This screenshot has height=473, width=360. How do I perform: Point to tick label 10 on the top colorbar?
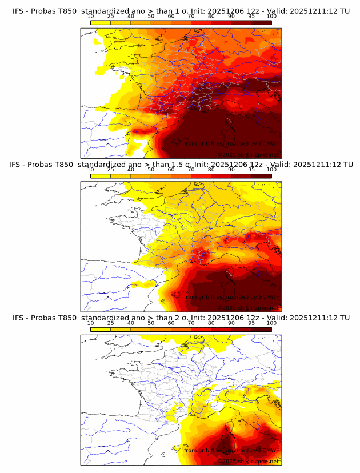coord(90,17)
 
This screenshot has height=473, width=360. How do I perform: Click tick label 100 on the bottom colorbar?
coord(271,323)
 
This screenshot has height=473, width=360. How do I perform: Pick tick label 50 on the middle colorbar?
coord(151,170)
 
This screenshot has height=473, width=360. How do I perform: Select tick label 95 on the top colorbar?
coord(251,17)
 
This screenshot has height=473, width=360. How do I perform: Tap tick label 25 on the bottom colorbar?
coord(110,323)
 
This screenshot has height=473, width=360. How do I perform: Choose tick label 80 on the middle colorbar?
coord(211,170)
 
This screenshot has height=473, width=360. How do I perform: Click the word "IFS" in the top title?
coord(19,11)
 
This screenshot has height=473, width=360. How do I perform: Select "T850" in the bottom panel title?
coord(66,318)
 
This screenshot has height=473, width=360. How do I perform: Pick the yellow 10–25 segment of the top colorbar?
coord(101,22)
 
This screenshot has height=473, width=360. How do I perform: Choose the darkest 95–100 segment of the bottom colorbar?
coord(261,329)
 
